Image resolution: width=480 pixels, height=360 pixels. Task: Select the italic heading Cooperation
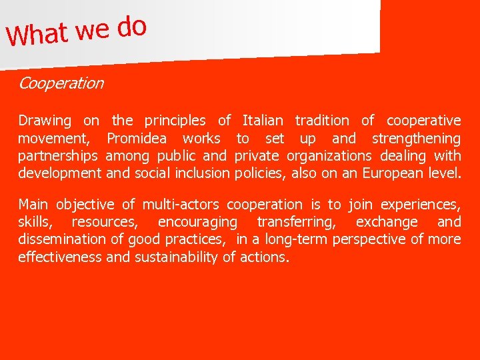click(x=61, y=83)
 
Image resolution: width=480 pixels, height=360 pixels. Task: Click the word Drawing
click(x=44, y=121)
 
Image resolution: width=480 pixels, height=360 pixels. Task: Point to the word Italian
click(x=262, y=121)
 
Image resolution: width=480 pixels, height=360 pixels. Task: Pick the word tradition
click(x=321, y=121)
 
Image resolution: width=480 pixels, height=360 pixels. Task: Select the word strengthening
click(x=416, y=139)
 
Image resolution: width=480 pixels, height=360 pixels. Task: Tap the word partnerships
click(x=58, y=156)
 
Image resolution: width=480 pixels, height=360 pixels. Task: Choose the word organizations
click(x=329, y=156)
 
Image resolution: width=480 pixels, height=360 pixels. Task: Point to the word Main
click(x=33, y=204)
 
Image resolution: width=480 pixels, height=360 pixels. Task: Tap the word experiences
click(x=419, y=204)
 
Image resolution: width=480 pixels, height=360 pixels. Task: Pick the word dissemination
click(x=59, y=239)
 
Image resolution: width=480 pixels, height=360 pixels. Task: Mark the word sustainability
click(x=177, y=257)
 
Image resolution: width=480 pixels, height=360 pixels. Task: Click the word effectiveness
click(x=60, y=257)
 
